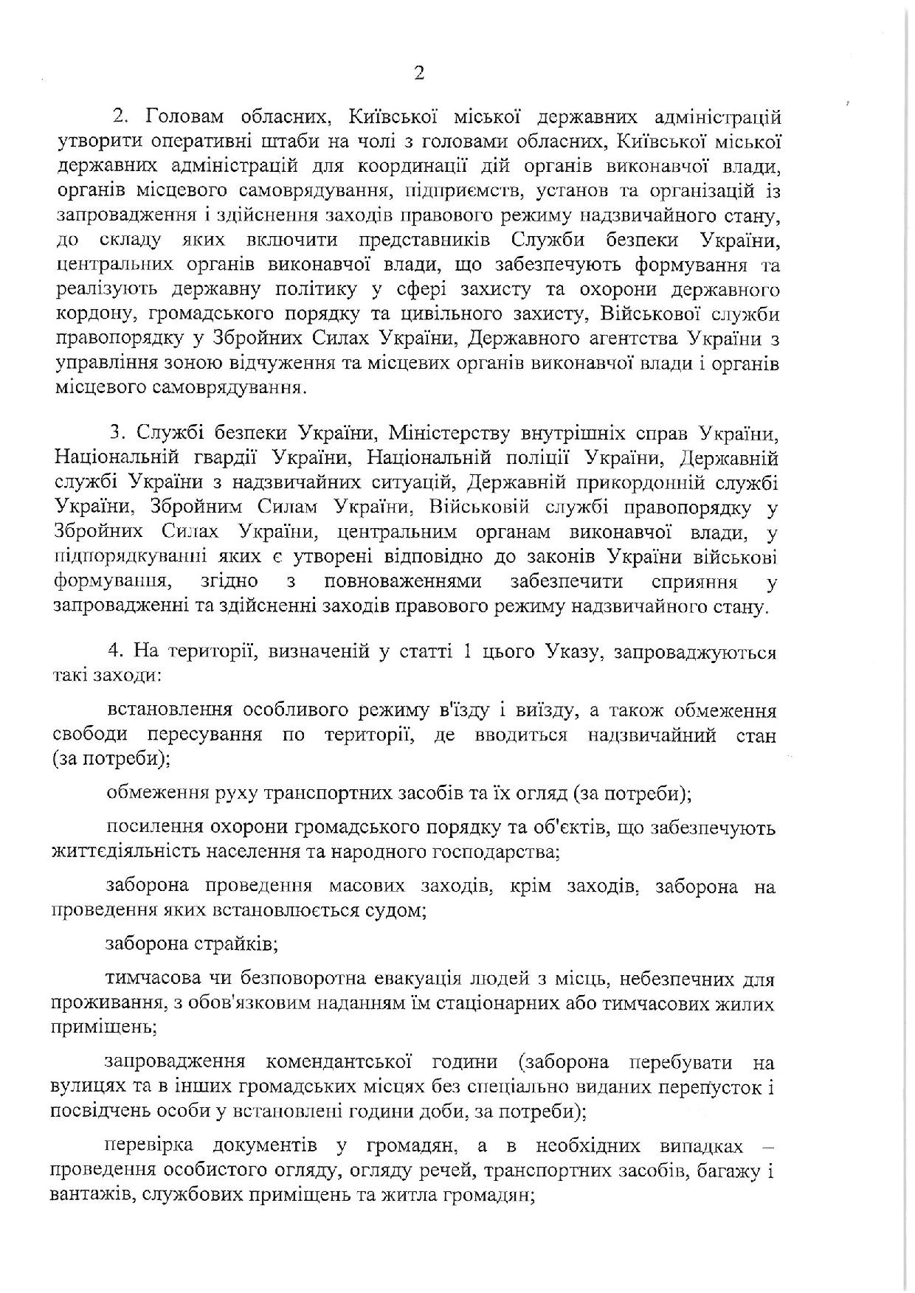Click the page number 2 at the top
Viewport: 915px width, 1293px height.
(419, 73)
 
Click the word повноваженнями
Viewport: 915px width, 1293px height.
(403, 581)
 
